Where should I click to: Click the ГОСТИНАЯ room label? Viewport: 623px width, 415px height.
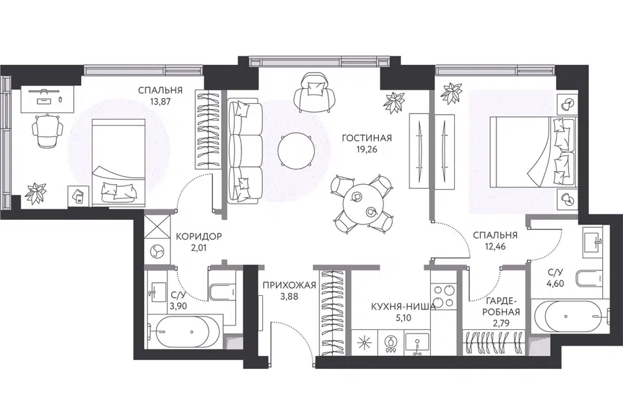[367, 138]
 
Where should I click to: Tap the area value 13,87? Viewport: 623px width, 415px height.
[160, 101]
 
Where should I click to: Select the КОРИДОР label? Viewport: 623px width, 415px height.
[199, 236]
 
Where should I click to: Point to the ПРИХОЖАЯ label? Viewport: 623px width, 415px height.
[289, 285]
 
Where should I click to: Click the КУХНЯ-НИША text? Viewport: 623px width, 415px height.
[403, 306]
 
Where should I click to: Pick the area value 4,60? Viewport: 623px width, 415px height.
[556, 283]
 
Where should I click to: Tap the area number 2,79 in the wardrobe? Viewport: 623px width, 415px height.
[501, 324]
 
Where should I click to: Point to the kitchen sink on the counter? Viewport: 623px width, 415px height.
[417, 344]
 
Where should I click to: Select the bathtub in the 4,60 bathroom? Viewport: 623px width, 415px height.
[570, 316]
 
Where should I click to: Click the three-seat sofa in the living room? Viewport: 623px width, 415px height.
[245, 151]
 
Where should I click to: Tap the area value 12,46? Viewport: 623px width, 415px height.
[495, 246]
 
